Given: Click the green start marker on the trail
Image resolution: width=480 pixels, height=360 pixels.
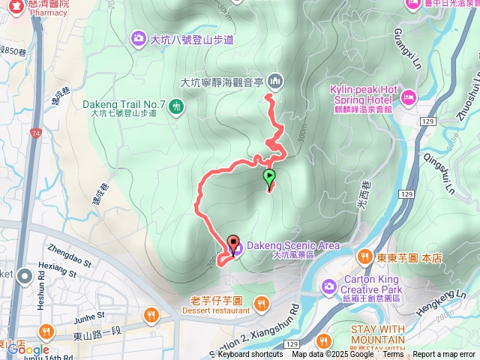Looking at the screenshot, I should (x=269, y=178).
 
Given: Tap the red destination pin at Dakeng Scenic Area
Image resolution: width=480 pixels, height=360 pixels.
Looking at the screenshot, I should (x=232, y=244).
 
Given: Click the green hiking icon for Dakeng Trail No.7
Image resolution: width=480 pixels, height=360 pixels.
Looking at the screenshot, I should (x=175, y=106).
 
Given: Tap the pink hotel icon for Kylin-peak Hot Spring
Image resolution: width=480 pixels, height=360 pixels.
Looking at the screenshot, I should (x=409, y=97).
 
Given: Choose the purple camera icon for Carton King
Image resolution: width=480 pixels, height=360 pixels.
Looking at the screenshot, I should (x=328, y=285).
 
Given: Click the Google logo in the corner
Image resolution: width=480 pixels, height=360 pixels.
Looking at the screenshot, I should (x=28, y=349).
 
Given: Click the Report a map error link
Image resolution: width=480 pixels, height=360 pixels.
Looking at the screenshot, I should (x=445, y=355).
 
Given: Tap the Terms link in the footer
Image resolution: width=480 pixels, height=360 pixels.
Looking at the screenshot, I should (x=393, y=355).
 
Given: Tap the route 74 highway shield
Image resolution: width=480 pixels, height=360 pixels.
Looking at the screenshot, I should (x=36, y=133).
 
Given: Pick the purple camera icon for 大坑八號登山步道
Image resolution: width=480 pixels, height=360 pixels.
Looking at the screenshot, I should (x=138, y=37).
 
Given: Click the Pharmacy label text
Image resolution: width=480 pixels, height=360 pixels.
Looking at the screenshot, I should (x=49, y=13).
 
